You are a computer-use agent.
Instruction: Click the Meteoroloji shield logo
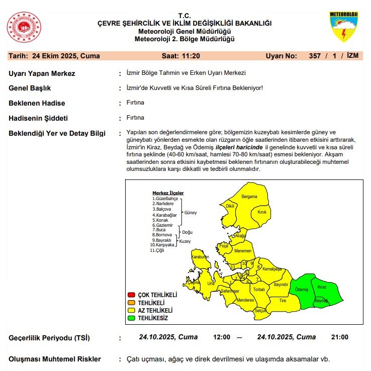pyautogui.click(x=343, y=27)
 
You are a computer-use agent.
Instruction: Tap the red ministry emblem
pyautogui.click(x=24, y=28)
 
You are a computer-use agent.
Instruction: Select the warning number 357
pyautogui.click(x=315, y=56)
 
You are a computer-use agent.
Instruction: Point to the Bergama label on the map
pyautogui.click(x=249, y=197)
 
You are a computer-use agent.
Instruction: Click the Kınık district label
pyautogui.click(x=261, y=212)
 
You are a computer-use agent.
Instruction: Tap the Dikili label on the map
pyautogui.click(x=230, y=206)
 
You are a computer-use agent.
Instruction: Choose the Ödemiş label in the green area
pyautogui.click(x=301, y=290)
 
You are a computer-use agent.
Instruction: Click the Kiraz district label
pyautogui.click(x=322, y=287)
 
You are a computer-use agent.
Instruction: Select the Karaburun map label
pyautogui.click(x=200, y=257)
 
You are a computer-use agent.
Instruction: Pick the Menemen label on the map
pyautogui.click(x=243, y=250)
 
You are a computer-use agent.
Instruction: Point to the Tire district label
pyautogui.click(x=282, y=300)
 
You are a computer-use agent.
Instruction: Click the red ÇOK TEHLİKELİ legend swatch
pyautogui.click(x=132, y=295)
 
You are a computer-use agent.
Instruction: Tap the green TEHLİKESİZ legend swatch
pyautogui.click(x=132, y=318)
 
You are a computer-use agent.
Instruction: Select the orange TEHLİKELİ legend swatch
pyautogui.click(x=132, y=303)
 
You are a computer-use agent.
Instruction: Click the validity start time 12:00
pyautogui.click(x=222, y=337)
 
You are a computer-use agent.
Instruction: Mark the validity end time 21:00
pyautogui.click(x=340, y=337)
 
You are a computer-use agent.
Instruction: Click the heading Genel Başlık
pyautogui.click(x=30, y=88)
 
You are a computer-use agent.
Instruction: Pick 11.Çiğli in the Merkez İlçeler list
pyautogui.click(x=157, y=250)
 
